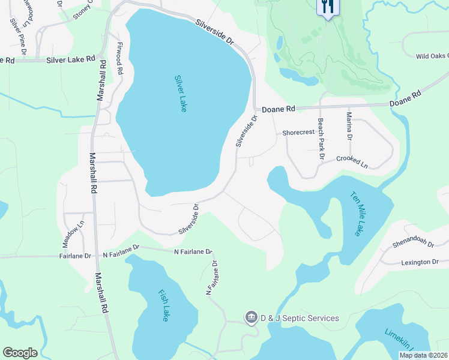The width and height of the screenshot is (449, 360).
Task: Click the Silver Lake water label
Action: click(x=181, y=93)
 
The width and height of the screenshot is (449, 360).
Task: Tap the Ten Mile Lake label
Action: click(x=357, y=214)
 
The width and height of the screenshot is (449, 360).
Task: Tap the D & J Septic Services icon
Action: click(x=251, y=316)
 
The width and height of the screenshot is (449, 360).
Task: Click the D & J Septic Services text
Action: click(x=299, y=318)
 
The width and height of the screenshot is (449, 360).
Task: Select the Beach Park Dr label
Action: click(x=321, y=139)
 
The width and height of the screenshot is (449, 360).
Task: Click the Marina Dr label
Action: click(x=348, y=126)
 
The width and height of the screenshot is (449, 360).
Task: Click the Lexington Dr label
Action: click(x=420, y=262)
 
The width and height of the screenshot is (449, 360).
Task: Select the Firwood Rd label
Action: click(x=120, y=58)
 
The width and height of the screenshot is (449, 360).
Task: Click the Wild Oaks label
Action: click(x=432, y=56)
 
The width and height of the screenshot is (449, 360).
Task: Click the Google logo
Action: click(x=20, y=353)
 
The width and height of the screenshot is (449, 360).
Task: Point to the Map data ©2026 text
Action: click(x=423, y=355)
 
